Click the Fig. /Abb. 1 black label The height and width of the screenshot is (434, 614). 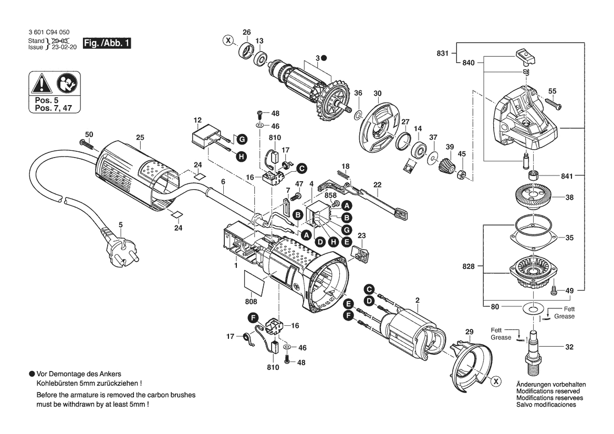tap(107, 44)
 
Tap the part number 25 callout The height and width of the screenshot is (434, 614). tap(139, 138)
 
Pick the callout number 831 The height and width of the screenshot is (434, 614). tap(443, 53)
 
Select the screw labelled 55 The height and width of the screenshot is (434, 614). tap(551, 104)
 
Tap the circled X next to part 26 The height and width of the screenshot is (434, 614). tap(227, 40)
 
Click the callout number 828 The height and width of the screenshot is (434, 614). tap(469, 266)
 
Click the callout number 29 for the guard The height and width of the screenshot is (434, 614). tap(469, 332)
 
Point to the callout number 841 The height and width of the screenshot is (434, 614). tap(567, 177)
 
